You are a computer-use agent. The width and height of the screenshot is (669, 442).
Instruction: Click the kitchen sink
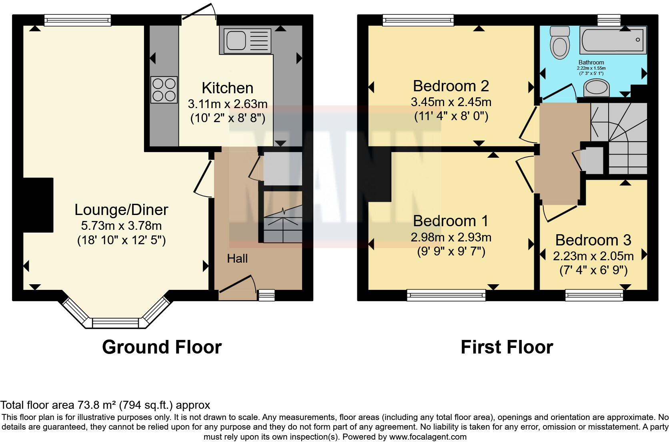(245, 41)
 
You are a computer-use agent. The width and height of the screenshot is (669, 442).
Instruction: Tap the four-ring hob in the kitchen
(164, 90)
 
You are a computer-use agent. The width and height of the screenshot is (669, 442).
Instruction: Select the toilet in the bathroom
(559, 42)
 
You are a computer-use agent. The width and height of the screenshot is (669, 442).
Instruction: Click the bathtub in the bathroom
(613, 40)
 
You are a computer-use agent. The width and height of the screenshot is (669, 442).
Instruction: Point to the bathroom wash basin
(596, 88)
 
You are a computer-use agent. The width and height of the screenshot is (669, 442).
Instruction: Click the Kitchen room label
(227, 88)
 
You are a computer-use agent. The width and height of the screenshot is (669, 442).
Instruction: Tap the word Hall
(237, 259)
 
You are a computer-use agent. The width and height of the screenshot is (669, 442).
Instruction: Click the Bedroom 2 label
(451, 86)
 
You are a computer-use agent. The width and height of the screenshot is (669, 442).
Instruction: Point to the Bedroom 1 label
(451, 221)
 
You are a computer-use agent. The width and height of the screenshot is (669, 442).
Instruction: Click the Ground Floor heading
(162, 347)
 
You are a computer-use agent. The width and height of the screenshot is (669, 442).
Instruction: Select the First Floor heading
(507, 347)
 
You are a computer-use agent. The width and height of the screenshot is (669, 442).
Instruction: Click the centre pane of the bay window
(116, 322)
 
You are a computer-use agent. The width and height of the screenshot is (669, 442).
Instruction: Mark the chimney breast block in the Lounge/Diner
(38, 205)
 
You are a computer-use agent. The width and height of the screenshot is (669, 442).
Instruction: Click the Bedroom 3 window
(594, 295)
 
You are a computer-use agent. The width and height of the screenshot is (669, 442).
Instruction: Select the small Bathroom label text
(591, 62)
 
